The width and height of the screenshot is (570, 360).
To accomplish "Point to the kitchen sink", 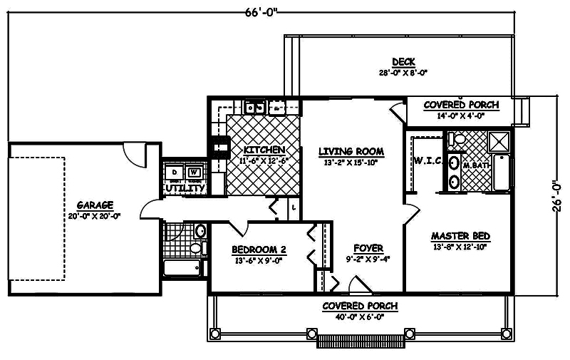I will [254, 108].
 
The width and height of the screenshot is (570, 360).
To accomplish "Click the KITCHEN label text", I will [264, 150].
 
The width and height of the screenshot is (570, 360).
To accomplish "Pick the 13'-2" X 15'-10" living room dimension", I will [351, 163].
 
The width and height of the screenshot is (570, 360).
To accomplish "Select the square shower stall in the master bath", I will [499, 141].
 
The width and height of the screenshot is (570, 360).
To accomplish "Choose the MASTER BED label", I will [460, 236].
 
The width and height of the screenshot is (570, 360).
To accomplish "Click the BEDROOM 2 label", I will [259, 250].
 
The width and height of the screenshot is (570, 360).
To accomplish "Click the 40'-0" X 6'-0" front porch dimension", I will [360, 317].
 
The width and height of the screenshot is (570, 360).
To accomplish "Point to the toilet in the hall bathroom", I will [195, 248].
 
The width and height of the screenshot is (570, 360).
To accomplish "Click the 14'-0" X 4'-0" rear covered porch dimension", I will [462, 115].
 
